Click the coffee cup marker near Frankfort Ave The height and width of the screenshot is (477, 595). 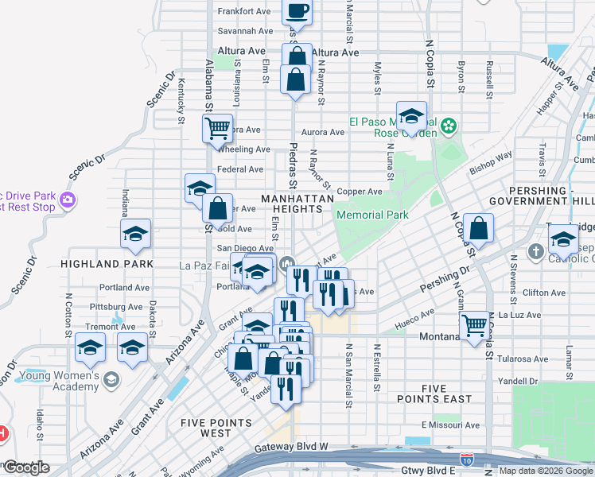click(297, 12)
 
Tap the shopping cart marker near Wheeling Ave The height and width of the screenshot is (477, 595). click(217, 127)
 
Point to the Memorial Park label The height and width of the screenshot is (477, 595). click(372, 215)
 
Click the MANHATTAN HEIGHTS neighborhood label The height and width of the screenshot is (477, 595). click(293, 203)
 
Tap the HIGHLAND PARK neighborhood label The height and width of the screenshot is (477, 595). click(94, 263)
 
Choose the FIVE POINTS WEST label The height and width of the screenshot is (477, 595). click(206, 428)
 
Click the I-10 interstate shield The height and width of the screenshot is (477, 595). click(466, 459)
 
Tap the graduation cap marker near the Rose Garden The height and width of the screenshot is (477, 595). click(411, 117)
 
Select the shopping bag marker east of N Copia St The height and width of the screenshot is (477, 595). click(479, 229)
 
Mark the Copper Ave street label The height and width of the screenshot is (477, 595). click(360, 192)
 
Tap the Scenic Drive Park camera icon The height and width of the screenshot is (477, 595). click(68, 199)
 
